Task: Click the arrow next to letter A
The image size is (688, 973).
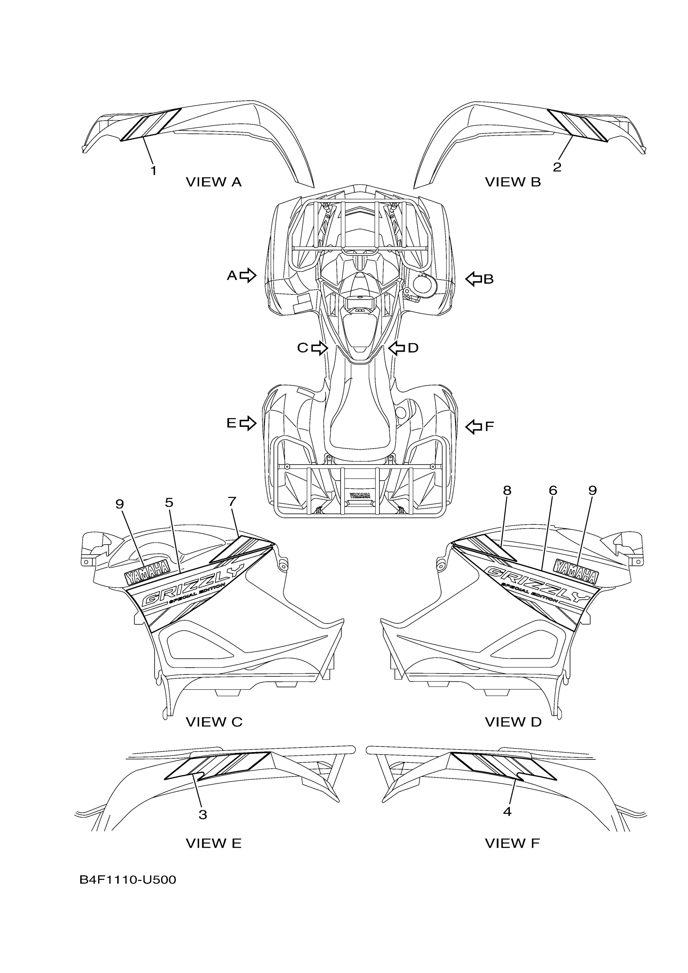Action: (248, 275)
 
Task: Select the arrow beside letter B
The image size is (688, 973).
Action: (474, 279)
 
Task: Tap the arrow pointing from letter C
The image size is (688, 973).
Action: (320, 348)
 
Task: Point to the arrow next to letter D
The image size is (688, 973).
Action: (396, 348)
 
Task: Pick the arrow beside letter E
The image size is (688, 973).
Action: (248, 423)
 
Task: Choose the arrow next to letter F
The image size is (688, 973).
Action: (474, 426)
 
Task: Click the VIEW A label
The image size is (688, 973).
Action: (214, 182)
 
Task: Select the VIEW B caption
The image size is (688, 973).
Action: (513, 182)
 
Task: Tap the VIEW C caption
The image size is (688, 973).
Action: (214, 722)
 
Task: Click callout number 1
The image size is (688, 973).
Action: (153, 171)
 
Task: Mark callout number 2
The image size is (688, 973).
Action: (557, 167)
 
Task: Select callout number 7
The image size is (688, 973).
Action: (231, 502)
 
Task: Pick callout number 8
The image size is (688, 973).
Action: (507, 490)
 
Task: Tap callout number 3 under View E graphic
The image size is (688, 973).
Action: (203, 814)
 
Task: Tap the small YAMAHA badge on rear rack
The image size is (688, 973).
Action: (359, 495)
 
